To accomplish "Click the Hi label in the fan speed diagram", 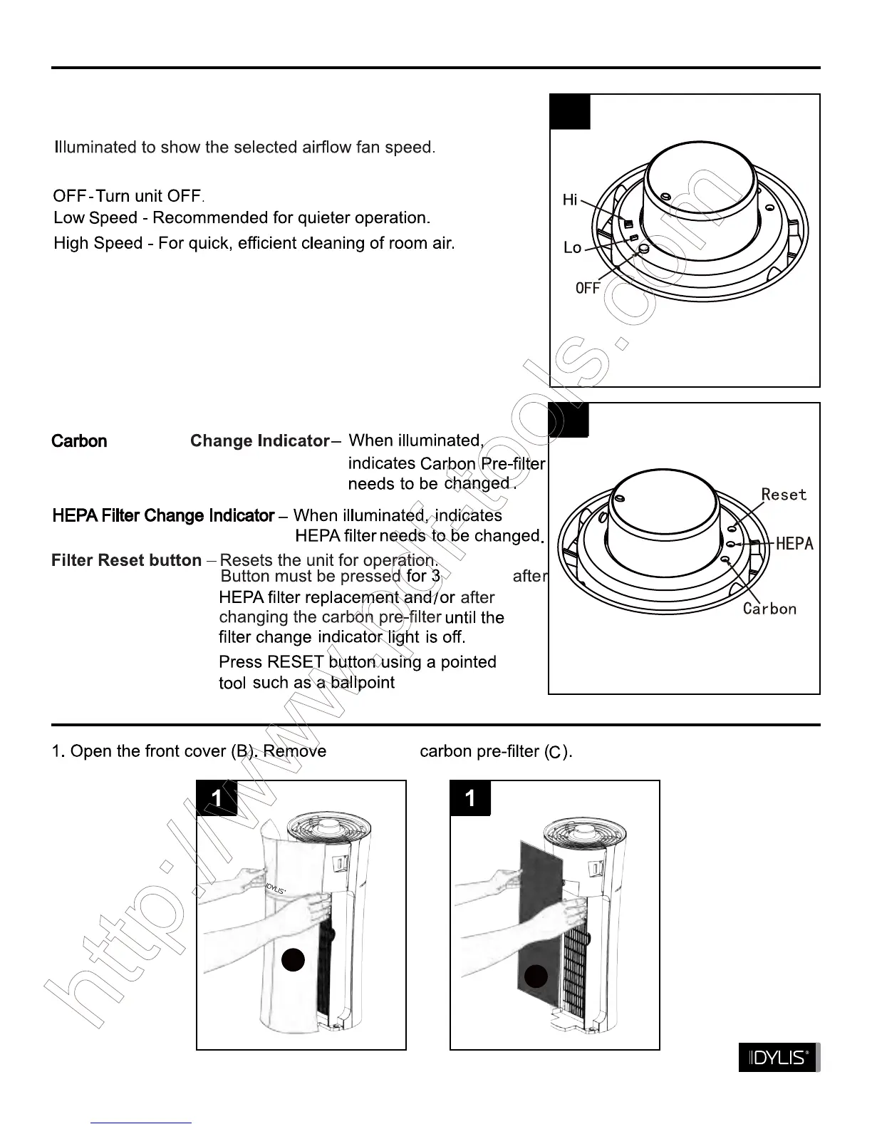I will (570, 200).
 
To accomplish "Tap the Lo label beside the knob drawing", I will (573, 248).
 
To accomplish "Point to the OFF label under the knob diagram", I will (588, 288).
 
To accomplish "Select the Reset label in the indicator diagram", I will (784, 495).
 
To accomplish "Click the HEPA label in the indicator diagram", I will (794, 544).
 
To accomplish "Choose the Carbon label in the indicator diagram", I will (769, 609).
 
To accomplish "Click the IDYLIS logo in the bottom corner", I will (779, 1058).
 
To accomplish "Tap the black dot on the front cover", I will (294, 960).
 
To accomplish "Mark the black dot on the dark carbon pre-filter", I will (536, 976).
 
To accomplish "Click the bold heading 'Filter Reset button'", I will (126, 561).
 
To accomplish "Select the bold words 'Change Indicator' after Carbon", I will (259, 441).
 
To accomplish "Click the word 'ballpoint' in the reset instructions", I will (363, 683).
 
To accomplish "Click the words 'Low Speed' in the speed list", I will (95, 218).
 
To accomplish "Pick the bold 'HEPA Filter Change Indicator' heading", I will (163, 515).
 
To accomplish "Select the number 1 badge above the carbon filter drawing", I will (470, 798).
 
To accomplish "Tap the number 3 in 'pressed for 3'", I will (435, 576).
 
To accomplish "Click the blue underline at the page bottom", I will (141, 1123).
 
